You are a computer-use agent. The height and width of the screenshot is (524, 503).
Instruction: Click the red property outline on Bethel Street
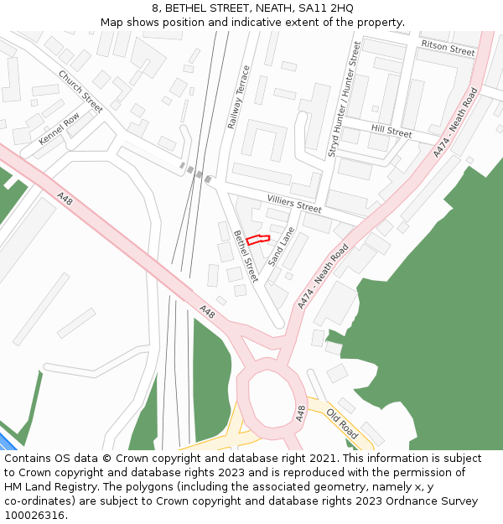[258, 240]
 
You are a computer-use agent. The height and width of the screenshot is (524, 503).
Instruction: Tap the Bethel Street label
[246, 256]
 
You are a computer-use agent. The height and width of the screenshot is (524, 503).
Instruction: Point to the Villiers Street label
[294, 203]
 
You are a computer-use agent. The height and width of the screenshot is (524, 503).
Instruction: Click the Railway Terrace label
[239, 96]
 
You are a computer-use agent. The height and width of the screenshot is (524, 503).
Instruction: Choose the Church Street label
[80, 91]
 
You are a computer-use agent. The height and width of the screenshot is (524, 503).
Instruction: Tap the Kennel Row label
[59, 128]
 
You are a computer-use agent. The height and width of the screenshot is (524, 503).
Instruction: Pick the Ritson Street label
[448, 47]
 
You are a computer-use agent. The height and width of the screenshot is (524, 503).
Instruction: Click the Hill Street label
[392, 132]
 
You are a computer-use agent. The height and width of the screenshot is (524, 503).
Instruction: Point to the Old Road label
[342, 424]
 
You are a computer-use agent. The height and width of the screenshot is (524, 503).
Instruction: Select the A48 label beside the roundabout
[300, 412]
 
